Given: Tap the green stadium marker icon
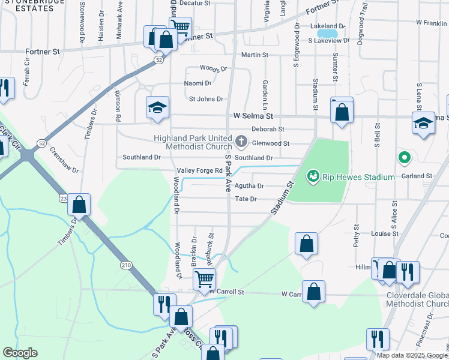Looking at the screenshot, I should (x=313, y=176).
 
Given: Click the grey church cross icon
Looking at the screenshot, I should (x=241, y=142).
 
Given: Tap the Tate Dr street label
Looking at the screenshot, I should (x=246, y=199).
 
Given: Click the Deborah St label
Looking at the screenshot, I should (x=268, y=129).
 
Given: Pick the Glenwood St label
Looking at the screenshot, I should (x=271, y=143).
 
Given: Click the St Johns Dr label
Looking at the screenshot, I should (x=206, y=99).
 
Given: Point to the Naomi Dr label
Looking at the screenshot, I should (x=197, y=83).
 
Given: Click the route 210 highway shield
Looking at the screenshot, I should (x=125, y=265).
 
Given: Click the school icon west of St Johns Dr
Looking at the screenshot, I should (x=158, y=108).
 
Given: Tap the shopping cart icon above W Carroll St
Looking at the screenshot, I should (x=205, y=278).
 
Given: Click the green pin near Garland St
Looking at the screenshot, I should (x=405, y=158).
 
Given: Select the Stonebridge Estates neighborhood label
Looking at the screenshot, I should (x=35, y=6).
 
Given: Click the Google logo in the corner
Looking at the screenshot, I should (x=20, y=353).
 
